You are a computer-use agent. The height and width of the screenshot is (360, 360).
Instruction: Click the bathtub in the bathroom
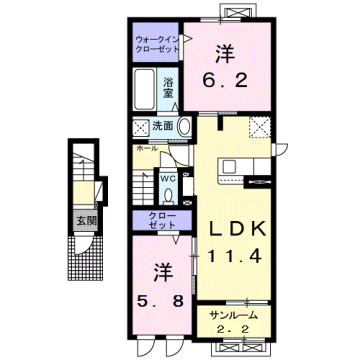144,93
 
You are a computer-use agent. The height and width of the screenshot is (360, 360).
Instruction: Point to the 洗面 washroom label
164,126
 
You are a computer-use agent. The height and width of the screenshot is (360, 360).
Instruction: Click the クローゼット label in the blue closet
151,221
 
